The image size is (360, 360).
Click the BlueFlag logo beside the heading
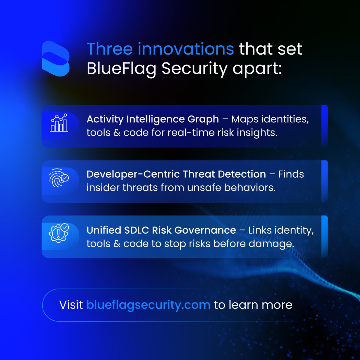tap(56, 58)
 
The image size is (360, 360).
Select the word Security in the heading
tap(194, 69)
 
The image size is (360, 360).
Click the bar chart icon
tap(59, 123)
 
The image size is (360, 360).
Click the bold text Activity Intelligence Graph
tap(153, 119)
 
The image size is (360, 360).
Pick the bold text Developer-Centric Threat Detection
tap(176, 174)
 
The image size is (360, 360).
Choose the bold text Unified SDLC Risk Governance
tap(161, 230)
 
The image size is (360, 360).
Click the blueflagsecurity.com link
tap(148, 305)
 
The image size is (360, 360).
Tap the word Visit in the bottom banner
tap(71, 305)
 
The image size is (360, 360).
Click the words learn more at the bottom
tap(260, 305)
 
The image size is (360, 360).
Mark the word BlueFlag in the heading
tap(121, 69)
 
